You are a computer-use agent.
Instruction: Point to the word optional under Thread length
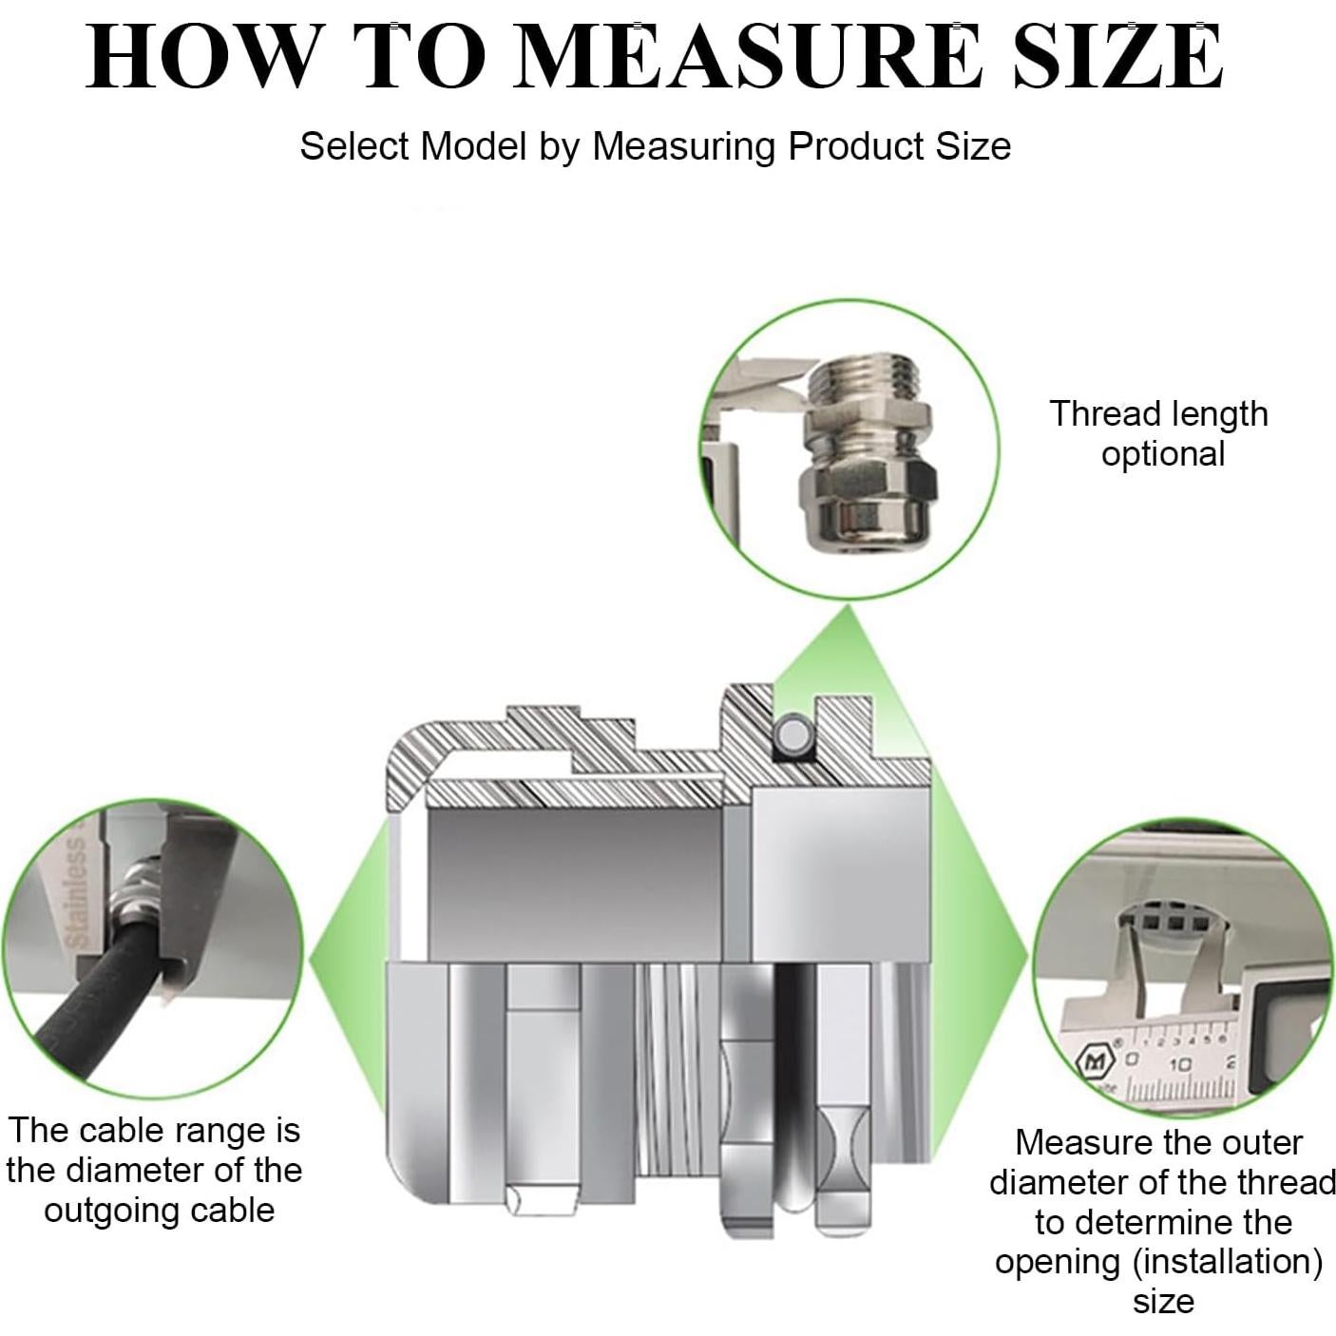click(x=1163, y=456)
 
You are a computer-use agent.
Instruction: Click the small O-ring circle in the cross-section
click(x=792, y=734)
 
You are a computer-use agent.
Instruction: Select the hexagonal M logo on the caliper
click(x=1094, y=1062)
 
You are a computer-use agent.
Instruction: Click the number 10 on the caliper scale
click(x=1179, y=1063)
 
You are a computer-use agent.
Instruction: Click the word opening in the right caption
click(x=1058, y=1263)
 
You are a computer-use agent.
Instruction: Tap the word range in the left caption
click(x=219, y=1132)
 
